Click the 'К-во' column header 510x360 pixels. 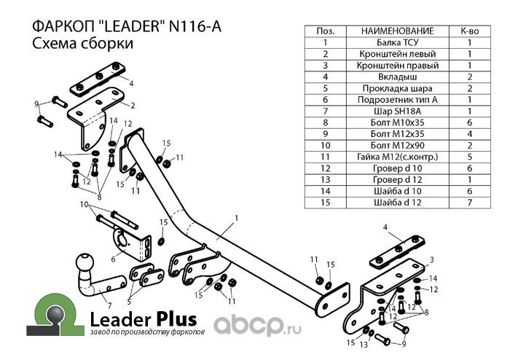469,31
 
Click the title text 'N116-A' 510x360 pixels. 195,27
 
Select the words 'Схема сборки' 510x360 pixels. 73,44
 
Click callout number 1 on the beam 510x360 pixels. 237,217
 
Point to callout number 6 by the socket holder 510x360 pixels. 113,258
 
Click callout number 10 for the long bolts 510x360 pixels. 83,204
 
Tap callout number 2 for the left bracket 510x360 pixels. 133,106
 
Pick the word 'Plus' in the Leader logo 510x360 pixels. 175,318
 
